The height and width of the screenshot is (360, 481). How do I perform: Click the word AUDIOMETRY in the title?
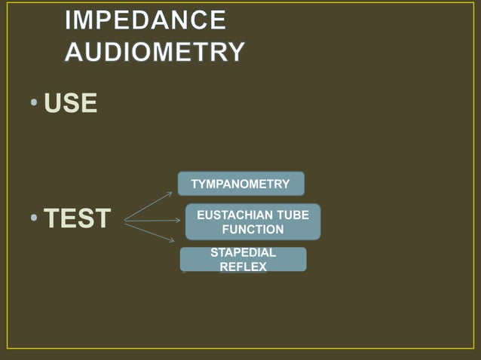(155, 51)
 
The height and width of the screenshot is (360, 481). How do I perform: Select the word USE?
(71, 103)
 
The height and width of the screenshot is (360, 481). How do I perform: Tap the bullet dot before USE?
(36, 103)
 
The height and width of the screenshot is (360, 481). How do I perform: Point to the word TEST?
(77, 219)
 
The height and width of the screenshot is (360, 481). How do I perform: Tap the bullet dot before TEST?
(35, 219)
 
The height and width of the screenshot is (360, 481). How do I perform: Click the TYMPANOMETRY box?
(240, 184)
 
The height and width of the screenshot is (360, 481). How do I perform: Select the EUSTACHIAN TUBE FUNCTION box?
(253, 221)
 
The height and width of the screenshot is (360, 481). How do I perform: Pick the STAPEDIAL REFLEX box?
(243, 259)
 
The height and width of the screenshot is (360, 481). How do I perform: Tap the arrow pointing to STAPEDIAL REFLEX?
(150, 232)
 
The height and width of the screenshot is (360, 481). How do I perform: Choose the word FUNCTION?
(253, 229)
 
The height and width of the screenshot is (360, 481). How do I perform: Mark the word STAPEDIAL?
(243, 253)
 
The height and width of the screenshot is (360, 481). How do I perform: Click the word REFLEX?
(243, 267)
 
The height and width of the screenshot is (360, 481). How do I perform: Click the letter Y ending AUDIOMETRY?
(235, 51)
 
